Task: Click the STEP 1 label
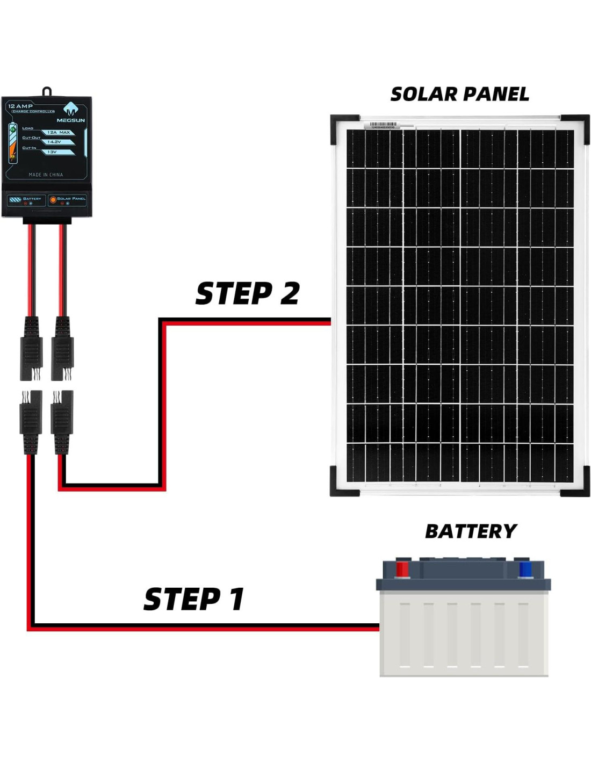pyautogui.click(x=194, y=599)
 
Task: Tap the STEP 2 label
pyautogui.click(x=247, y=293)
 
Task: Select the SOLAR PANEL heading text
pyautogui.click(x=459, y=95)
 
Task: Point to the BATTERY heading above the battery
pyautogui.click(x=471, y=531)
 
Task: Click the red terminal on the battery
pyautogui.click(x=402, y=569)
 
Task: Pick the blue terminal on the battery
pyautogui.click(x=525, y=569)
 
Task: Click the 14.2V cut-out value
pyautogui.click(x=54, y=142)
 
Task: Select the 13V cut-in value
pyautogui.click(x=52, y=152)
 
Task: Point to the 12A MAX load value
pyautogui.click(x=59, y=132)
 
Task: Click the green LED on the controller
pyautogui.click(x=13, y=129)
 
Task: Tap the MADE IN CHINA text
pyautogui.click(x=46, y=175)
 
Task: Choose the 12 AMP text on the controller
pyautogui.click(x=20, y=106)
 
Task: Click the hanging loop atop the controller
pyautogui.click(x=47, y=91)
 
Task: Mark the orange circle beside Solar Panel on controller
pyautogui.click(x=53, y=200)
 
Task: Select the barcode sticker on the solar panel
pyautogui.click(x=383, y=125)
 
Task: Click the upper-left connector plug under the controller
pyautogui.click(x=31, y=349)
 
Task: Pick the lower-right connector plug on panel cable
pyautogui.click(x=62, y=422)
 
